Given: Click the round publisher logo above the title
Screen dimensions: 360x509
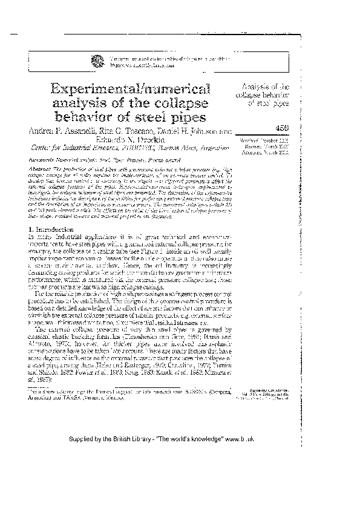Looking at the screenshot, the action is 97,59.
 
